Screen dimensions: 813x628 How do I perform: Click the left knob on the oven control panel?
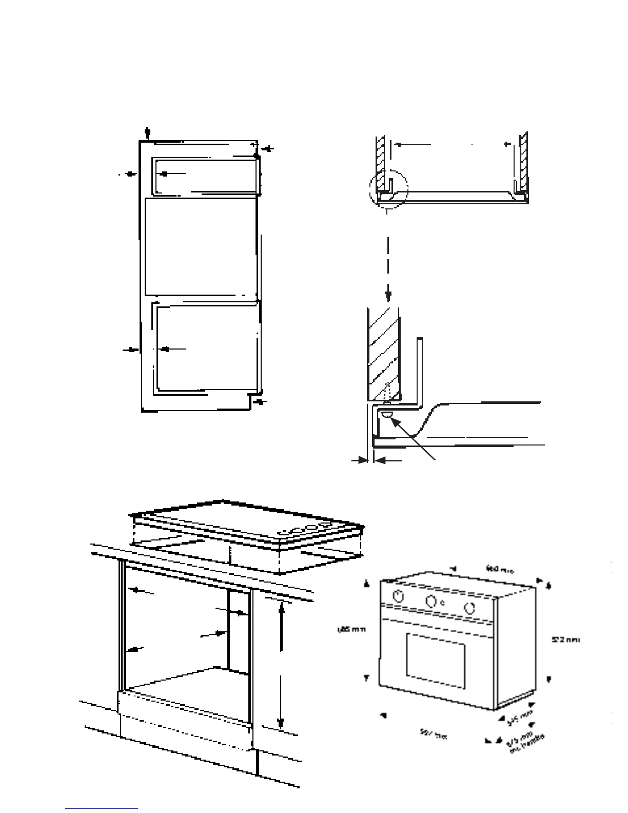pos(398,596)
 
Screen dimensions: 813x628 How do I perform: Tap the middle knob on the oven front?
pos(432,601)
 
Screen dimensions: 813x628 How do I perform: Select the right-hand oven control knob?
pos(468,608)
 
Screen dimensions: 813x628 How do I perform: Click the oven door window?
pos(436,661)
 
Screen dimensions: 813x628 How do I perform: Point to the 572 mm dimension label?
pos(565,640)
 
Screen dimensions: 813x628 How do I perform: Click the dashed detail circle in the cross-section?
pos(388,189)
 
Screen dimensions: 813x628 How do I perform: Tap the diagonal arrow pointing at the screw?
pos(413,438)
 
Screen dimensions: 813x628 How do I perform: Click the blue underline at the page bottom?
pos(102,809)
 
